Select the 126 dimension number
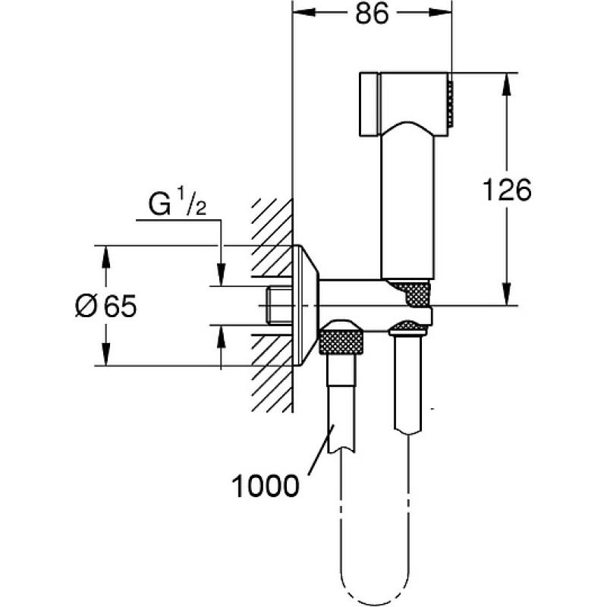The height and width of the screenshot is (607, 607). point(507,190)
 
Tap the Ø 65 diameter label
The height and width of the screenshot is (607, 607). point(105,307)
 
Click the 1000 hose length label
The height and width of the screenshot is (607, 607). point(265,486)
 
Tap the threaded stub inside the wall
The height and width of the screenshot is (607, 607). point(278,306)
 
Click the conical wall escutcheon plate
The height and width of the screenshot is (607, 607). point(306,306)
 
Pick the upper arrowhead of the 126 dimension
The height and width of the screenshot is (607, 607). point(505,84)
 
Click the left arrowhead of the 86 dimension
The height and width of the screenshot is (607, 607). point(304,13)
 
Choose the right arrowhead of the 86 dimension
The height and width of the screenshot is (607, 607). point(440,13)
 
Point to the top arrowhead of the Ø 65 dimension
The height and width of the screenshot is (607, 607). point(105,257)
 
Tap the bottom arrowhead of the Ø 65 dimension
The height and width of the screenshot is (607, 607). point(105,354)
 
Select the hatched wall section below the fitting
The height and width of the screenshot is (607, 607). point(272,373)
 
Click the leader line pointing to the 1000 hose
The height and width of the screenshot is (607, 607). point(321,449)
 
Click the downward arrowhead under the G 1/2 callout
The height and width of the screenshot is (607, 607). point(221,274)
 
